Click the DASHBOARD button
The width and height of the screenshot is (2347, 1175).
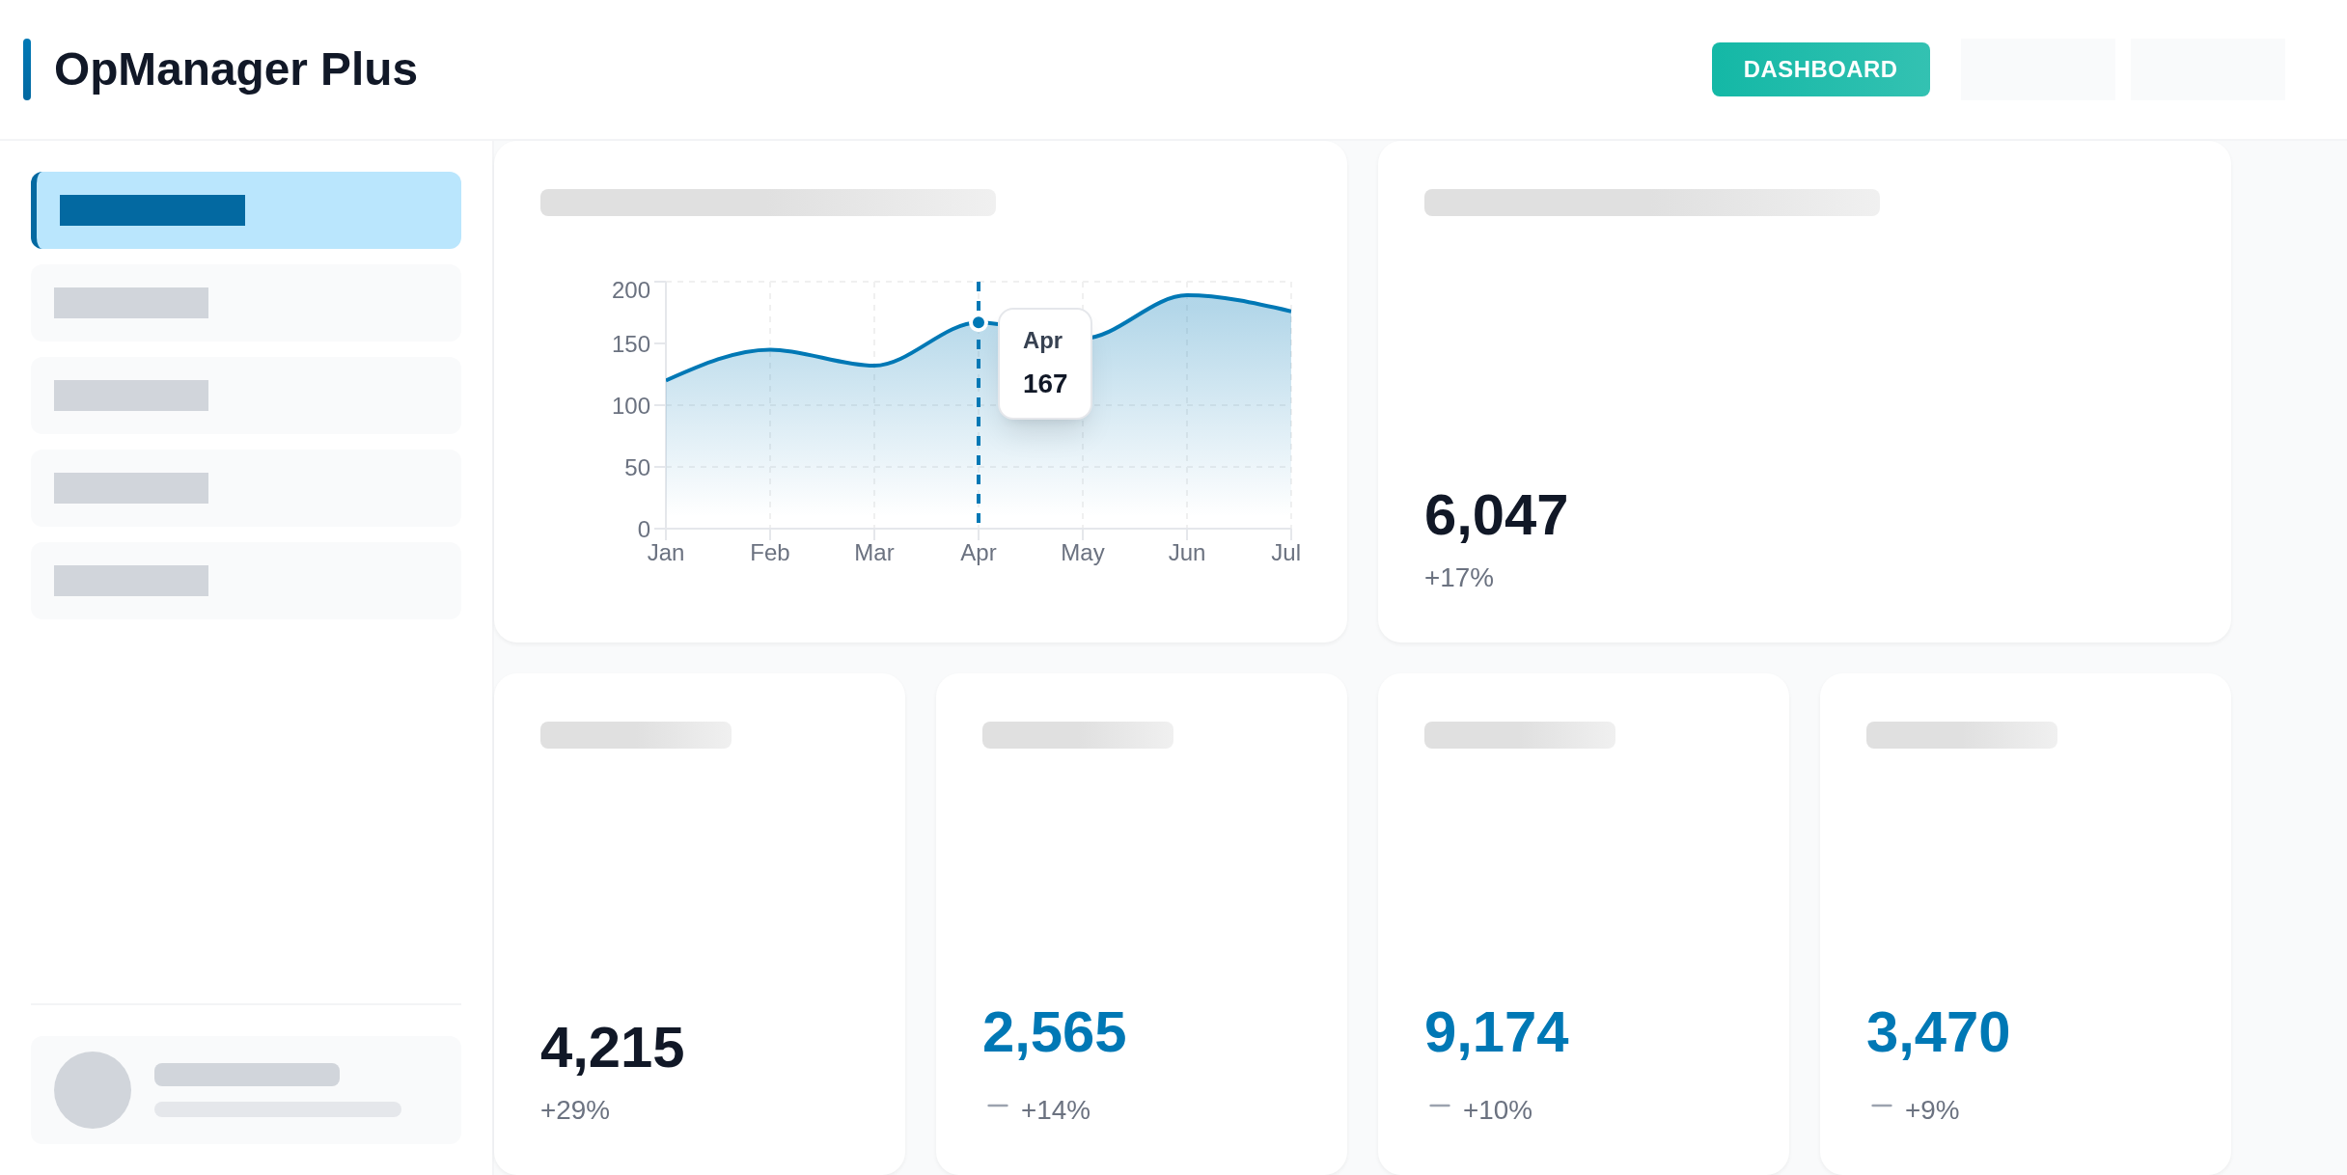click(x=1820, y=69)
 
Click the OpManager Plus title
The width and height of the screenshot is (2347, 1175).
click(x=235, y=69)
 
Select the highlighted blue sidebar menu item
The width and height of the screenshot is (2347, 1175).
click(x=247, y=210)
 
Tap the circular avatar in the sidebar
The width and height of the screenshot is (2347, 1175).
click(x=93, y=1090)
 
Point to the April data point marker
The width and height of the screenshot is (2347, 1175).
click(x=979, y=322)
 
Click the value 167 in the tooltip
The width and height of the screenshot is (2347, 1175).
click(x=1045, y=384)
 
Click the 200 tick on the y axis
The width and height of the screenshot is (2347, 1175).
click(x=631, y=289)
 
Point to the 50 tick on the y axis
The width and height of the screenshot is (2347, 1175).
click(x=637, y=468)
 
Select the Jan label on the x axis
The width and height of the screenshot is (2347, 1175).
click(x=666, y=553)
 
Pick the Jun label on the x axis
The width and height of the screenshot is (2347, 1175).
click(x=1187, y=553)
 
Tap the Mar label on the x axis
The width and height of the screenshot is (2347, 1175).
click(x=874, y=553)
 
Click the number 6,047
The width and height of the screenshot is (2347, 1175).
click(x=1496, y=515)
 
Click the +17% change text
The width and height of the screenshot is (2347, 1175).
click(x=1459, y=578)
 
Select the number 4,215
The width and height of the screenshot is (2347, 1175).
click(x=612, y=1048)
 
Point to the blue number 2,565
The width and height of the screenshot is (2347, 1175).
click(x=1054, y=1032)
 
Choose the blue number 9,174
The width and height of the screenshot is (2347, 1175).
click(x=1496, y=1032)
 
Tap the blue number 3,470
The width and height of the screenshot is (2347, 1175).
click(x=1938, y=1032)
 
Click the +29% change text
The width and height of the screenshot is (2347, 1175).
click(x=575, y=1110)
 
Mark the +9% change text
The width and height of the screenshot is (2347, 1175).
click(x=1932, y=1110)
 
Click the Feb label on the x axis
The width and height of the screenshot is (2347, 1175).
click(x=770, y=553)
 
